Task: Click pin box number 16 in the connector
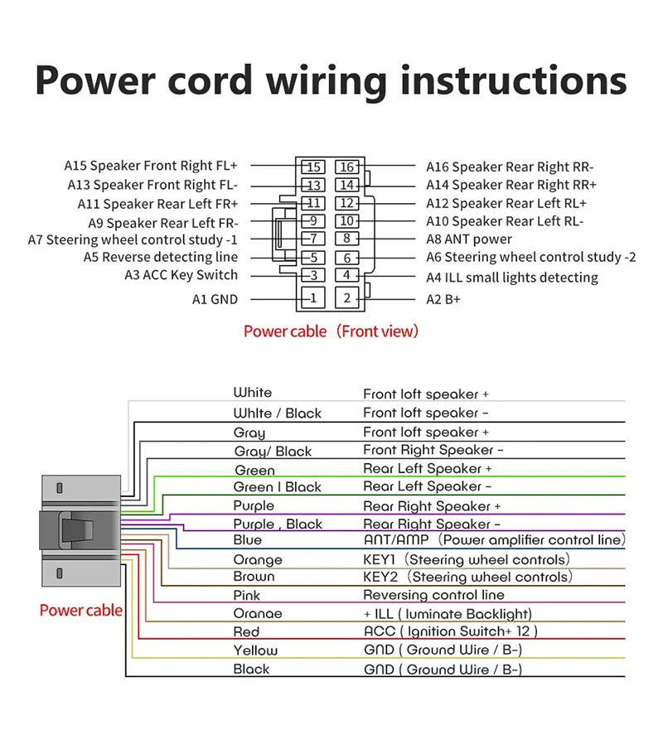coord(347,167)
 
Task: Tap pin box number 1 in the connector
coord(312,297)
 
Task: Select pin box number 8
coord(347,239)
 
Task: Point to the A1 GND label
coord(215,299)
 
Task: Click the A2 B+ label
coord(443,299)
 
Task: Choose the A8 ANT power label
coord(469,239)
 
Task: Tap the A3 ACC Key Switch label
coord(181,275)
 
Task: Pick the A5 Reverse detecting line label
coord(160,257)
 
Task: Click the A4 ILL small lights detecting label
coord(512,278)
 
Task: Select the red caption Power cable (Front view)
coord(331,331)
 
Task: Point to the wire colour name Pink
coord(247,595)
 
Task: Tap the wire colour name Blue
coord(248,540)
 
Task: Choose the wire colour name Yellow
coord(255,650)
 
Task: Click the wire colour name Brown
coord(254,577)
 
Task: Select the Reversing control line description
coord(433,595)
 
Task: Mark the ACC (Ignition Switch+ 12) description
coord(451,631)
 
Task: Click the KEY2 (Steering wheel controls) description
coord(467,577)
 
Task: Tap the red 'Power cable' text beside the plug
coord(81,611)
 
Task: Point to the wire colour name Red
coord(246,631)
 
